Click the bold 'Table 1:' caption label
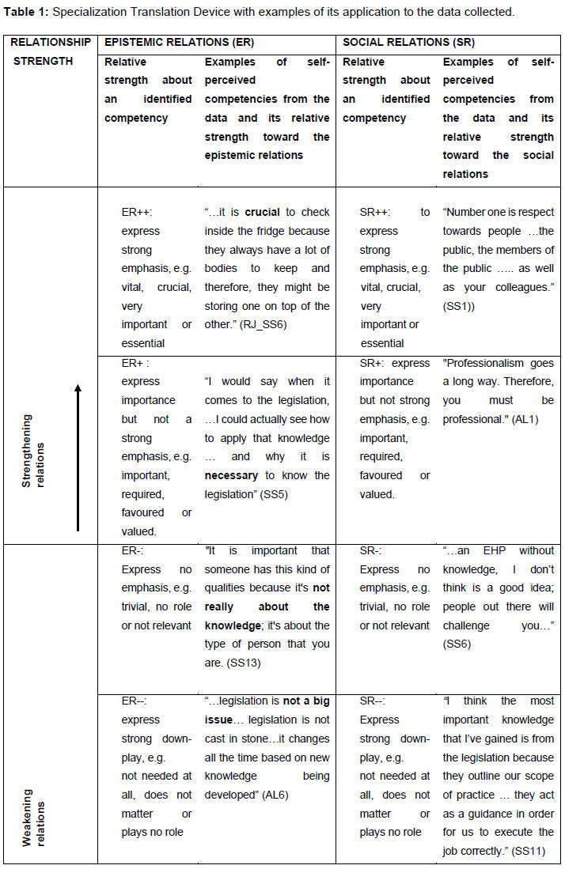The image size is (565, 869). point(25,12)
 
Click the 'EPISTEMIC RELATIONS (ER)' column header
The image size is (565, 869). point(179,43)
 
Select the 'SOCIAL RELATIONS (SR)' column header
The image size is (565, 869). point(408,43)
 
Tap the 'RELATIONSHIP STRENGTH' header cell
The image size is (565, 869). point(50,51)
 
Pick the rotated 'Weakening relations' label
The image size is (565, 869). point(32,815)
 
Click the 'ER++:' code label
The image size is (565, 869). point(137,213)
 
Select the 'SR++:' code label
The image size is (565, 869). point(377,213)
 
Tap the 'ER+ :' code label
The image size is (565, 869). point(136,363)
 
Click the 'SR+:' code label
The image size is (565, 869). point(374,363)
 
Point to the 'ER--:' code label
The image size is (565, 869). point(134,701)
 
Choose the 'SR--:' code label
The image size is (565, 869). point(374,701)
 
